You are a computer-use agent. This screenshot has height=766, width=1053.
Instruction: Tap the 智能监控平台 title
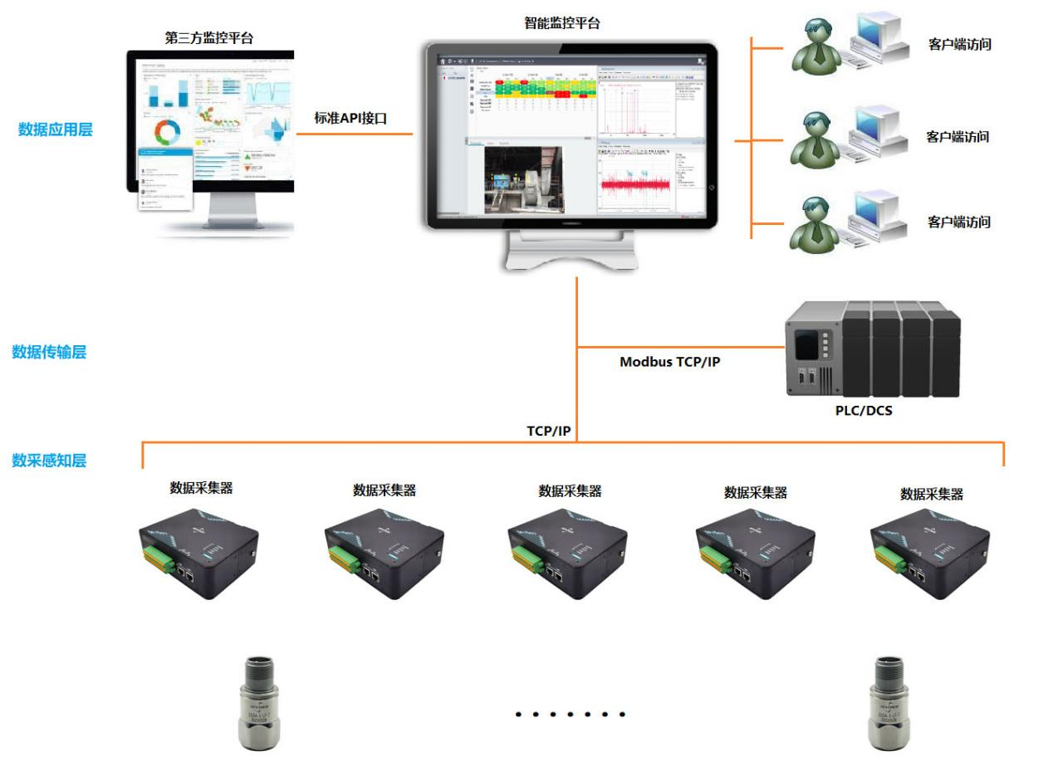561,23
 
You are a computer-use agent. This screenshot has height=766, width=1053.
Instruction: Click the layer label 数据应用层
56,129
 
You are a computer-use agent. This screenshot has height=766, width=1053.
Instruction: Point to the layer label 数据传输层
49,352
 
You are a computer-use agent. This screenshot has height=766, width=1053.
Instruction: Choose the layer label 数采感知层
49,460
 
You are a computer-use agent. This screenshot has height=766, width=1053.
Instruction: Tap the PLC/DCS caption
864,409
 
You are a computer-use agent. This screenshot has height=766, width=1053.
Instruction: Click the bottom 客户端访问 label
958,222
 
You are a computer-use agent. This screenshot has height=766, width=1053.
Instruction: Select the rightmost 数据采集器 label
932,494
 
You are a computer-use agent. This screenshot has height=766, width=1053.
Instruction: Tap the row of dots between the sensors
570,714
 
